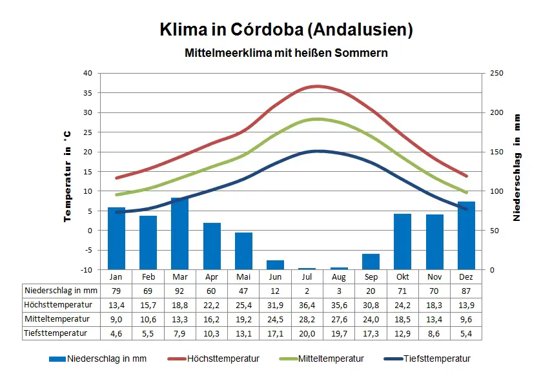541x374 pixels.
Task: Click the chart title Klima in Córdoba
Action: click(286, 30)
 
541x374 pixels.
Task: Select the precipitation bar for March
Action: click(179, 233)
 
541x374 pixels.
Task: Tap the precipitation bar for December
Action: click(466, 235)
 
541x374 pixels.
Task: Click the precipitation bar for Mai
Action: click(243, 251)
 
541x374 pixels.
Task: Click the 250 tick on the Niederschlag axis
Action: click(495, 73)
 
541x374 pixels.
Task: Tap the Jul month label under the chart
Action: click(307, 276)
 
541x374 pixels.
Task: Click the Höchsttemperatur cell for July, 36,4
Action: click(307, 304)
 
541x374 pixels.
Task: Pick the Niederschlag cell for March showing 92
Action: click(179, 291)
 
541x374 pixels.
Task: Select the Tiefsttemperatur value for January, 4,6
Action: click(116, 333)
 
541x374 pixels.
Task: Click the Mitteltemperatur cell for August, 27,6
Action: click(338, 318)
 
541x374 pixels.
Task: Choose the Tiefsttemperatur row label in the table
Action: click(57, 333)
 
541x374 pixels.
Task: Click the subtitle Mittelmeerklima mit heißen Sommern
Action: click(286, 53)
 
